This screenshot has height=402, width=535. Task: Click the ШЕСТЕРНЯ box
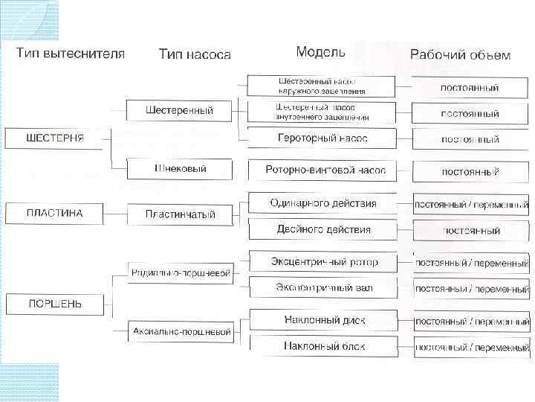(54, 138)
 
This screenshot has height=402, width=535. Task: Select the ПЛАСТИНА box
(54, 214)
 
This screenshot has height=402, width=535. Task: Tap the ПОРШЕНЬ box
(54, 304)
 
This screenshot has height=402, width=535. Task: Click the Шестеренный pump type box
(179, 111)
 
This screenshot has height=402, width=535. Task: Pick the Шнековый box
(179, 169)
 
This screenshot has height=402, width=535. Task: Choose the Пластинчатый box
(179, 214)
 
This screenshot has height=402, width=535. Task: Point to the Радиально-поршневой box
(179, 273)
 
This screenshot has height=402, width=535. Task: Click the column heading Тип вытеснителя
(71, 54)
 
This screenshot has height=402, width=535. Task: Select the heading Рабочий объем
(460, 55)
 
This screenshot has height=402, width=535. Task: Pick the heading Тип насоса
(195, 54)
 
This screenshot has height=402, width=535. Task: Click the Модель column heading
(320, 52)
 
